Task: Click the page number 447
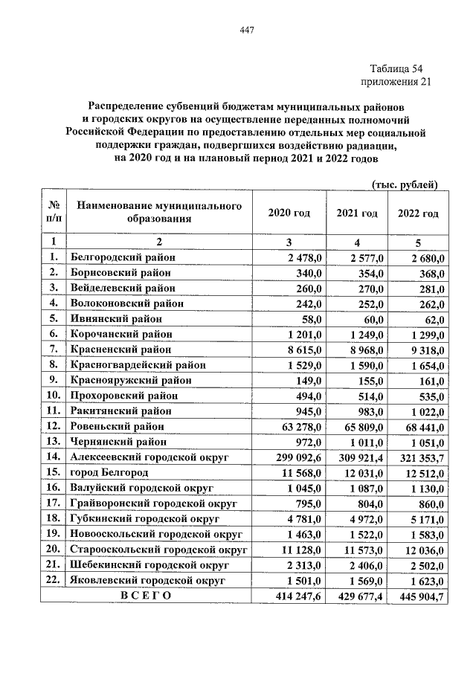pyautogui.click(x=248, y=30)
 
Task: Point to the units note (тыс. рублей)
pyautogui.click(x=404, y=184)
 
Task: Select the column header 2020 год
pyautogui.click(x=289, y=213)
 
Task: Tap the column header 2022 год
pyautogui.click(x=418, y=213)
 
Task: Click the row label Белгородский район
pyautogui.click(x=123, y=257)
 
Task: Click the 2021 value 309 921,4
pyautogui.click(x=356, y=457)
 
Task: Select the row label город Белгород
pyautogui.click(x=109, y=472)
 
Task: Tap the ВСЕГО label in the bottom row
pyautogui.click(x=146, y=596)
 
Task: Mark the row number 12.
pyautogui.click(x=53, y=426)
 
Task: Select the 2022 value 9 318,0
pyautogui.click(x=425, y=349)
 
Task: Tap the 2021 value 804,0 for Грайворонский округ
pyautogui.click(x=369, y=503)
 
